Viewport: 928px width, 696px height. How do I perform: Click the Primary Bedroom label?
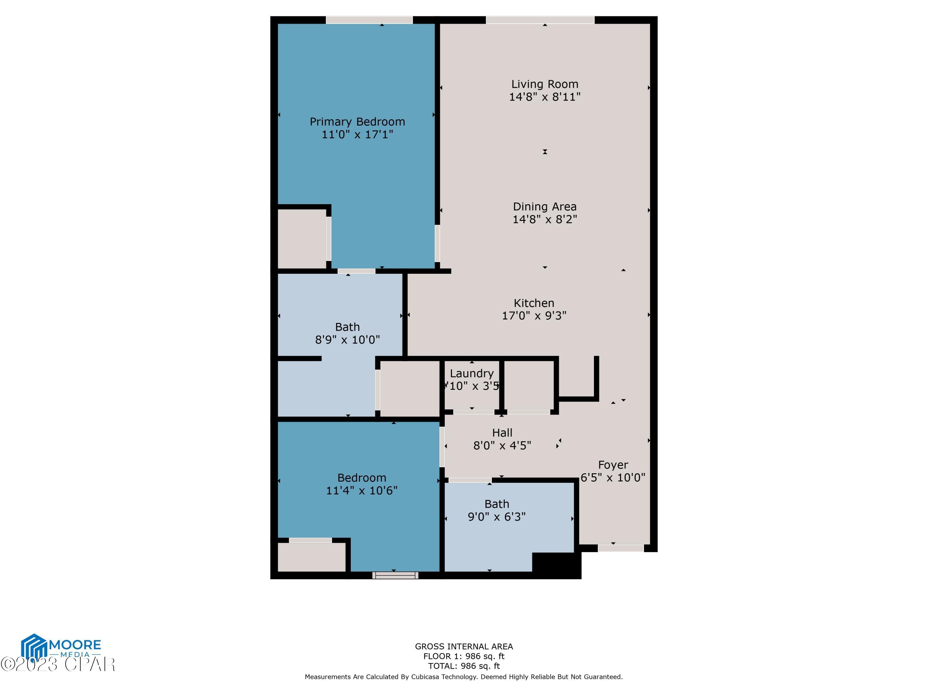coord(357,122)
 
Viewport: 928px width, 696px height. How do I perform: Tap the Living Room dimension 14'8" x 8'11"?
coord(544,97)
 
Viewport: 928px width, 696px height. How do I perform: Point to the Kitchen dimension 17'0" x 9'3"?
coord(534,316)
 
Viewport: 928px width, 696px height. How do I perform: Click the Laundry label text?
coord(471,373)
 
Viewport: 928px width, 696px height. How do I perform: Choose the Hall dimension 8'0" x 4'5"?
coord(502,445)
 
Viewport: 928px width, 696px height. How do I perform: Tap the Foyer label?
coord(613,465)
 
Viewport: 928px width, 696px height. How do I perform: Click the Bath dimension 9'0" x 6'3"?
coord(497,517)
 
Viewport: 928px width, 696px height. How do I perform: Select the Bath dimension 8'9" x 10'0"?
coord(347,340)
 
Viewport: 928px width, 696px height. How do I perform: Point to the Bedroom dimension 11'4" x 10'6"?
coord(362,490)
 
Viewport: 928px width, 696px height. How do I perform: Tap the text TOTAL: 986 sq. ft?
coord(464,666)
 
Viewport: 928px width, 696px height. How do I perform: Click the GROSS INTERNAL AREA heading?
coord(464,647)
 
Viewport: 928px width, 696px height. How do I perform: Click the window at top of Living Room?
coord(540,20)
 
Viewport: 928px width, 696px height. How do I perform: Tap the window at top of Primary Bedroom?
coord(369,20)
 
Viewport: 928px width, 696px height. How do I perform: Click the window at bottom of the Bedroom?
coord(395,575)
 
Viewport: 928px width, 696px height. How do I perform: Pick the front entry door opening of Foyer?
coord(621,548)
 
